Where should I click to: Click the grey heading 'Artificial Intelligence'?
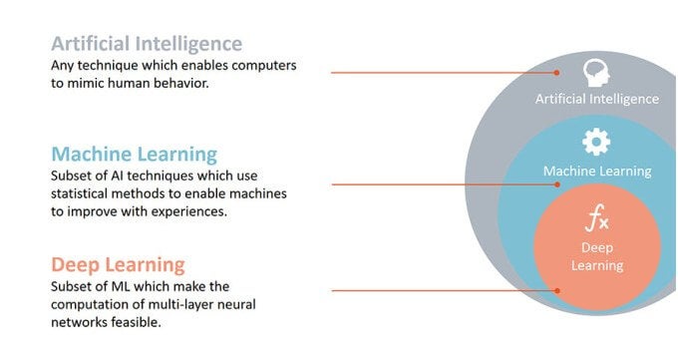(147, 44)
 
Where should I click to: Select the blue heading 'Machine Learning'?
(135, 155)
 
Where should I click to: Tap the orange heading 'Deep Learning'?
(118, 264)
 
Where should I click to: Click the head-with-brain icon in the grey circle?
(596, 72)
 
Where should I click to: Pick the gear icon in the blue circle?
(596, 143)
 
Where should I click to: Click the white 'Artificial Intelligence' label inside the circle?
(596, 99)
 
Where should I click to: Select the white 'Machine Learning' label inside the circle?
(596, 171)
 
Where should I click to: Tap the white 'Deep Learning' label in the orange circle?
(596, 255)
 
